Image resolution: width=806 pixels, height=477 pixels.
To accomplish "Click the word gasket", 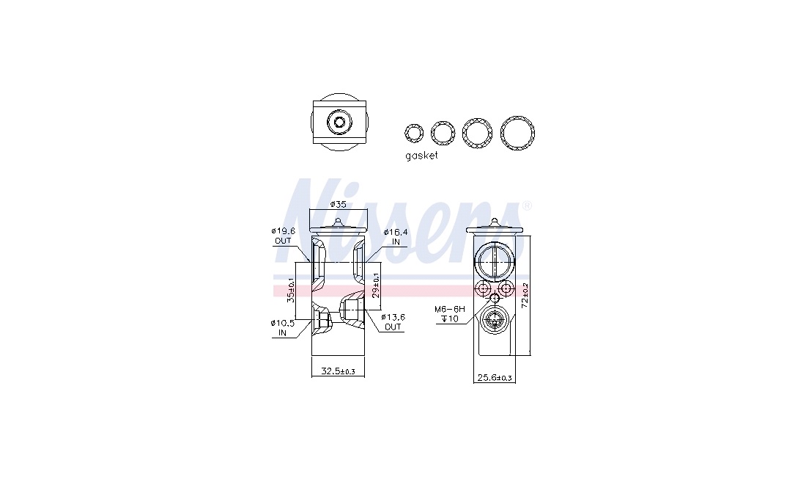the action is click(x=421, y=156).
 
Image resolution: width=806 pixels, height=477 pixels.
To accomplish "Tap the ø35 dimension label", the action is click(x=338, y=204).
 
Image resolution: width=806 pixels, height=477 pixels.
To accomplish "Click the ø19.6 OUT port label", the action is click(x=282, y=236).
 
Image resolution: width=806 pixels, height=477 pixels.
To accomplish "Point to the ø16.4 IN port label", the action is click(x=395, y=237).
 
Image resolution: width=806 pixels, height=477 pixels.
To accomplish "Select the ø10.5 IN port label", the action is click(x=282, y=328).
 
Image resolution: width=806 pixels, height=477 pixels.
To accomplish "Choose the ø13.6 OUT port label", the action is click(x=393, y=322).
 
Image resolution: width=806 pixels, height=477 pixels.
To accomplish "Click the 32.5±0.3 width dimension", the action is click(x=338, y=371).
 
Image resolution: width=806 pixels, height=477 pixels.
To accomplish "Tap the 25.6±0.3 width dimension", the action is click(x=495, y=378).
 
